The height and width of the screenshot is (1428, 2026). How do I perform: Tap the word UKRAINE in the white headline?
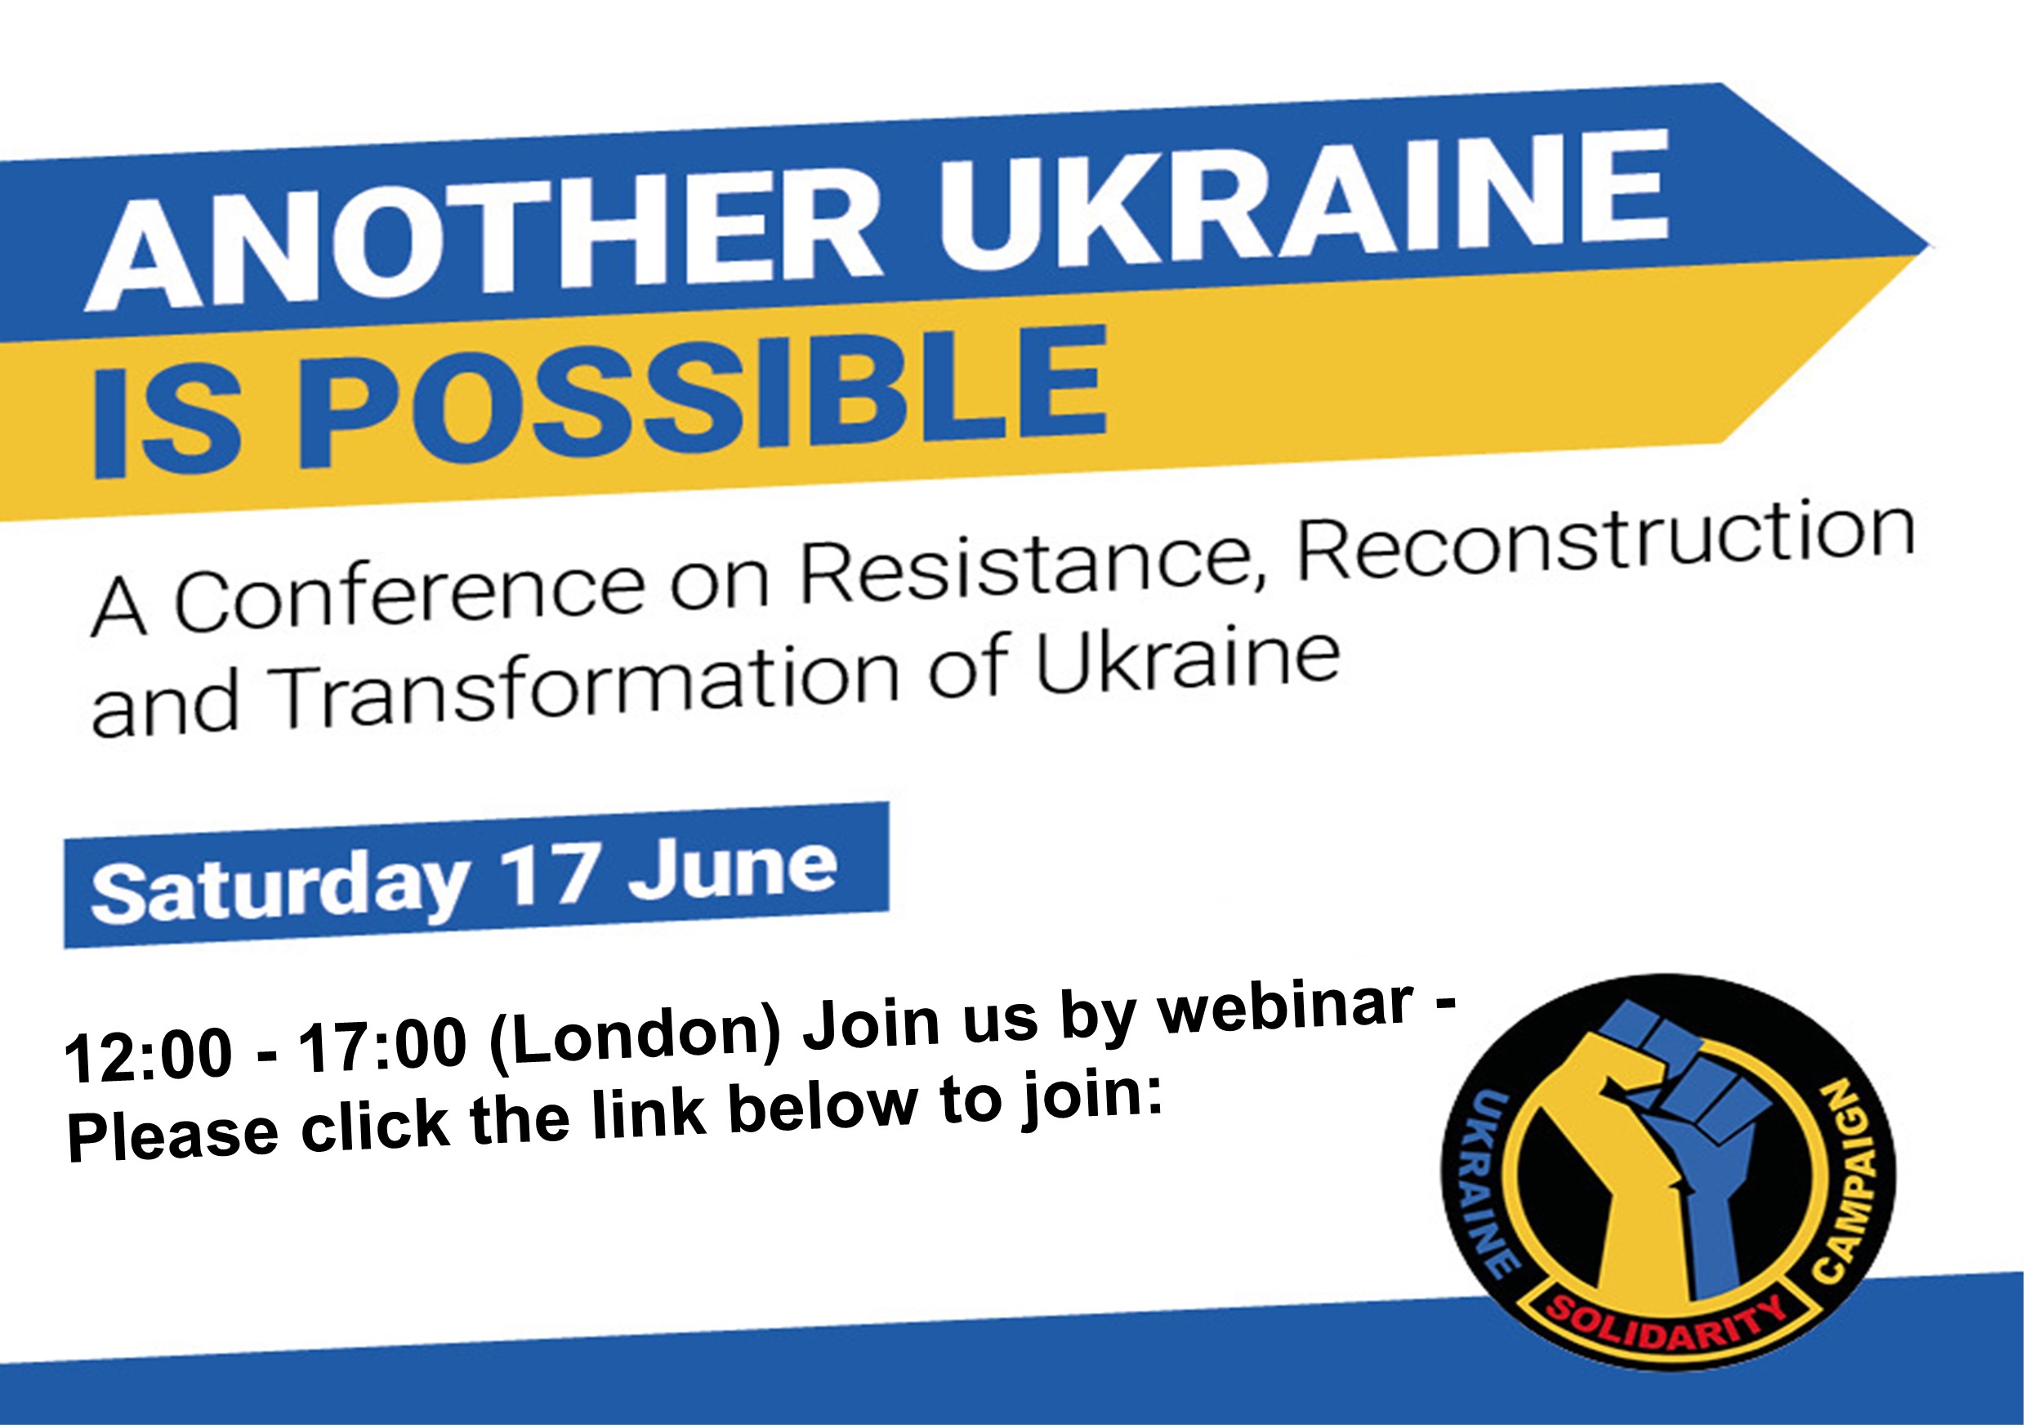[1302, 199]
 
